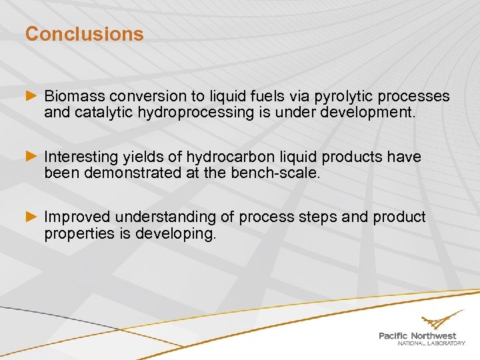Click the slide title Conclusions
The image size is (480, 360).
coord(84,34)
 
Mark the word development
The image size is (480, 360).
coord(368,113)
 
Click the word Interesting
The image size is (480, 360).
coord(81,157)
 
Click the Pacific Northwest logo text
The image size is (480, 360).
coord(417,336)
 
